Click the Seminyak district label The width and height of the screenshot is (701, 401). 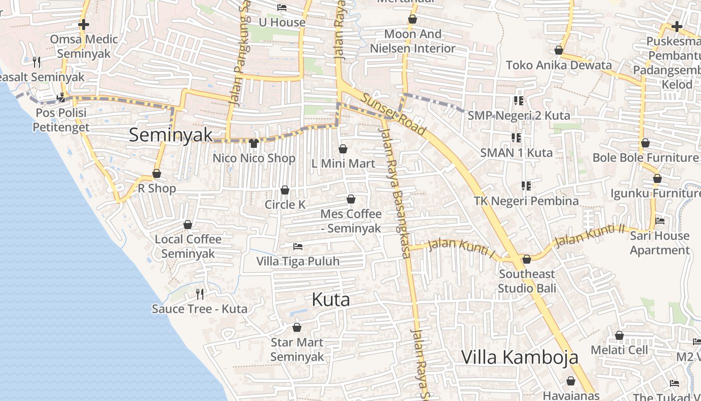coord(171,135)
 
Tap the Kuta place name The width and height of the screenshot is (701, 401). coord(330,300)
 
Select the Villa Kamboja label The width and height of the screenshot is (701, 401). coord(519,357)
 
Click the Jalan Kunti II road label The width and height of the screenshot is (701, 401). coord(590,235)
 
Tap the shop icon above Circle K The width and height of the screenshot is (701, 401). coord(285,190)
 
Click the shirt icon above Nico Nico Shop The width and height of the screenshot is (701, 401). coord(254,143)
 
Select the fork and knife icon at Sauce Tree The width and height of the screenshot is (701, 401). coord(200,294)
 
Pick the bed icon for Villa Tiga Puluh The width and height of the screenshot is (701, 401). coord(298,247)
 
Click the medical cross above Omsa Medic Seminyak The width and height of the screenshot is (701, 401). coord(84,25)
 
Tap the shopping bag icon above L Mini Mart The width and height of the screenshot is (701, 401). coord(343,149)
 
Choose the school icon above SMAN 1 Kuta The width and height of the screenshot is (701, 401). coord(516,137)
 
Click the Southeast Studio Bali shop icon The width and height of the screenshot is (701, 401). coord(526,259)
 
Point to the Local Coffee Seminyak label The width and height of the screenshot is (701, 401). coord(188,246)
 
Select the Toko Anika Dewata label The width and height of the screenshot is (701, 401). coord(559,65)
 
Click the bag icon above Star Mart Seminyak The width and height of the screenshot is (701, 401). coord(297,328)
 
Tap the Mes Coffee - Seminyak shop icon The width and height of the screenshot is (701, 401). coord(351,199)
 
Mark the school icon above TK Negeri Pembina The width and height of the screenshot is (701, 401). coord(526,186)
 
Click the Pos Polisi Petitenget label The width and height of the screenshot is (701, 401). coord(61,120)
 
